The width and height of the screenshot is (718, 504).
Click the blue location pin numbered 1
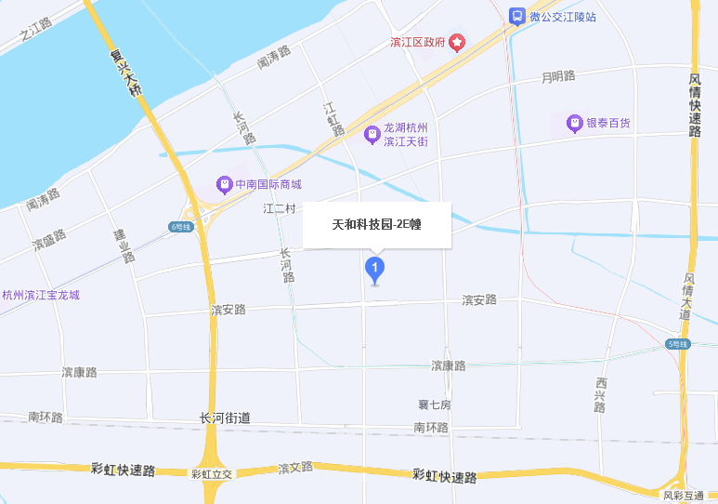tap(374, 270)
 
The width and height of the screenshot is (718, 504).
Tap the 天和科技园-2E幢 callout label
tap(377, 224)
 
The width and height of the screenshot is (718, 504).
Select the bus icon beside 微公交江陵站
tap(516, 16)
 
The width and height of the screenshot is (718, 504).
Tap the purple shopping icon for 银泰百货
tap(575, 123)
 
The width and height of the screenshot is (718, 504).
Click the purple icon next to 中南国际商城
tap(224, 184)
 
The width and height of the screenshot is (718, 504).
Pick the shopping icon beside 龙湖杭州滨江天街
tap(372, 135)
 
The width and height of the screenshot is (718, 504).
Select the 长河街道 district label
tap(225, 418)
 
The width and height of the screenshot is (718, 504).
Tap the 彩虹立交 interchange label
tap(212, 473)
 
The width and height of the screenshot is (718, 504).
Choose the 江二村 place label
tap(279, 209)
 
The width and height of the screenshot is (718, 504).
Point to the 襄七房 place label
tap(435, 405)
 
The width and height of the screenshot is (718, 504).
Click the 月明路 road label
tap(559, 76)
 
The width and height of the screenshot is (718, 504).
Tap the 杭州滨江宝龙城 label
tap(41, 296)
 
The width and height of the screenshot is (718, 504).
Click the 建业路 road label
tap(124, 245)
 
